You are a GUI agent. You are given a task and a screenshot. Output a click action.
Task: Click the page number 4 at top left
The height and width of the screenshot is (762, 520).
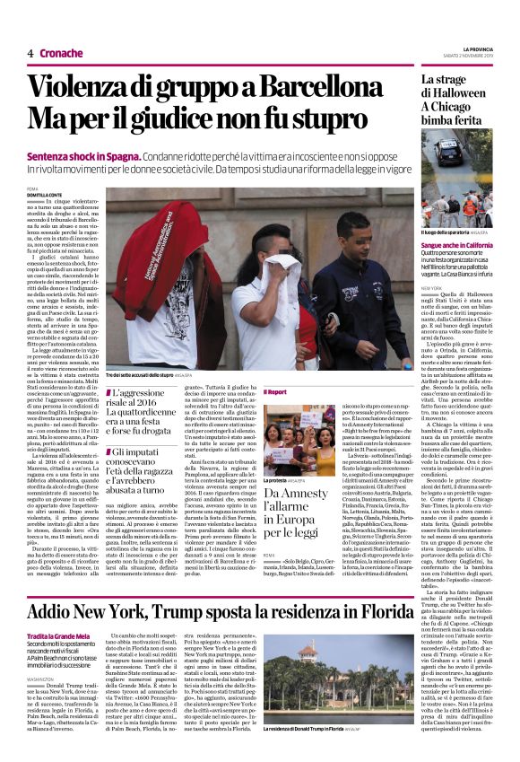pyautogui.click(x=30, y=54)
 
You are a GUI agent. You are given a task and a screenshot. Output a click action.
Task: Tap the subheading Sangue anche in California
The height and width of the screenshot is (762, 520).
pyautogui.click(x=460, y=244)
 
